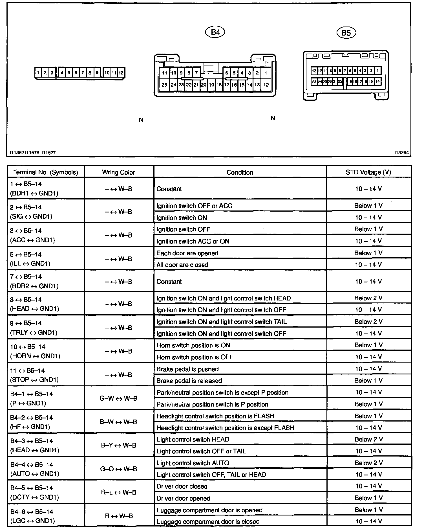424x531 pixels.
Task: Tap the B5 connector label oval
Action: [x=346, y=33]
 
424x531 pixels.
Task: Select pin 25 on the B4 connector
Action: [x=164, y=85]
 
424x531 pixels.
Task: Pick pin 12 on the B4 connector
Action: [x=266, y=85]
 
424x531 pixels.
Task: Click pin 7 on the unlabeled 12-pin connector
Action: [x=83, y=73]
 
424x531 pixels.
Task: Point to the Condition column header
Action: [x=240, y=172]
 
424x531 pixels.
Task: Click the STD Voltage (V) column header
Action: [x=368, y=172]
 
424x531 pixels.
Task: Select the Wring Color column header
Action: [x=118, y=172]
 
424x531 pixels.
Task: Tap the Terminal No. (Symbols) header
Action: [x=45, y=172]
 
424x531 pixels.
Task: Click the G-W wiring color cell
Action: [x=118, y=398]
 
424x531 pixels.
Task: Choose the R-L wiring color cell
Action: [x=118, y=492]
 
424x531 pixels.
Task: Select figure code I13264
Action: [x=401, y=153]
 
